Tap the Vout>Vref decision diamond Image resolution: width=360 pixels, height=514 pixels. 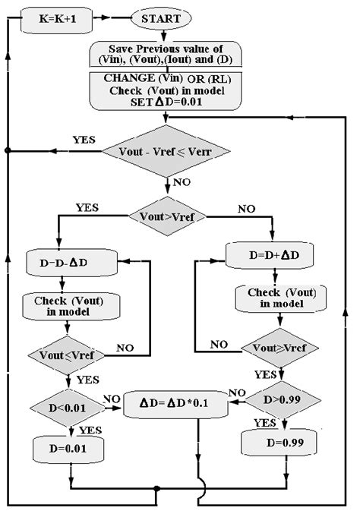coord(167,216)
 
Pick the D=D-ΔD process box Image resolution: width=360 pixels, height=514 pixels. coord(70,263)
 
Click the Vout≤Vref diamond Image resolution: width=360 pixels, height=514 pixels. coord(70,353)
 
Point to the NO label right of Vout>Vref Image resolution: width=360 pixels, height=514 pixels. coord(247,208)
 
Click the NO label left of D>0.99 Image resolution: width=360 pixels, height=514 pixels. coord(238,393)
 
